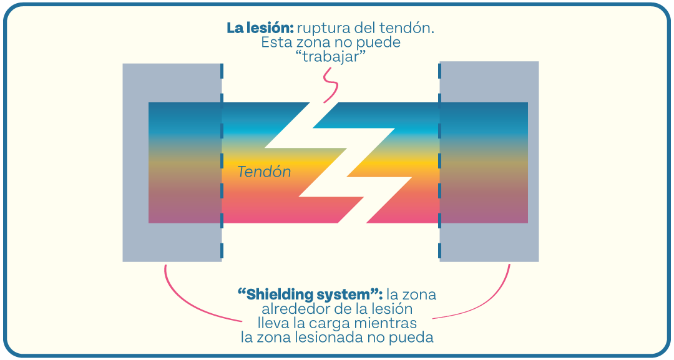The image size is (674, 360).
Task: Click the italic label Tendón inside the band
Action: point(264,172)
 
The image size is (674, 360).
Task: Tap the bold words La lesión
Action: point(259,28)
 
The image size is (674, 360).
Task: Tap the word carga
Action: point(338,323)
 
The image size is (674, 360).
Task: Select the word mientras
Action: point(389,323)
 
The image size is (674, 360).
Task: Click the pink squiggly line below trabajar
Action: point(328,84)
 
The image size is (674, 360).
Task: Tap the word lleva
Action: point(273,323)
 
